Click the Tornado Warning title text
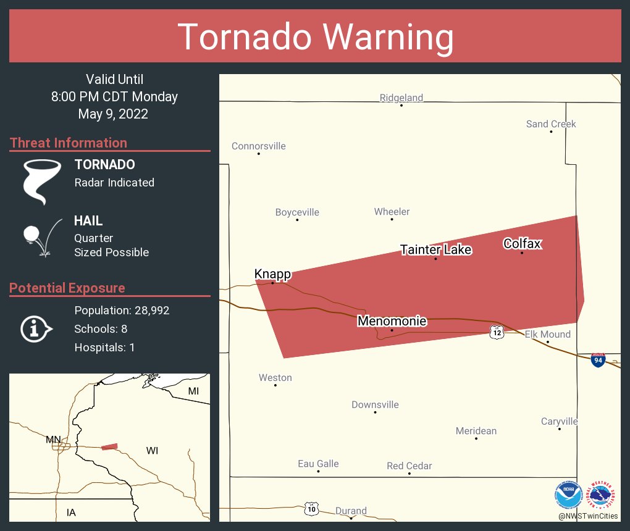[315, 37]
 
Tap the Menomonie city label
[392, 321]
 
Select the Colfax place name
[522, 243]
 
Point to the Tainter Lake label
[435, 249]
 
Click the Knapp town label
[272, 274]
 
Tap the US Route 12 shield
[497, 332]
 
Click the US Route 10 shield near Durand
[312, 509]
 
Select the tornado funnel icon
[42, 181]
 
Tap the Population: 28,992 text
[122, 310]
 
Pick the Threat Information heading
[69, 143]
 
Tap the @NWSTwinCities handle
[587, 516]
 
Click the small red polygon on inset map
[109, 446]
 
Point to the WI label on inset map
[152, 451]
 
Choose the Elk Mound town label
[547, 334]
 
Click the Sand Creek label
[551, 123]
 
